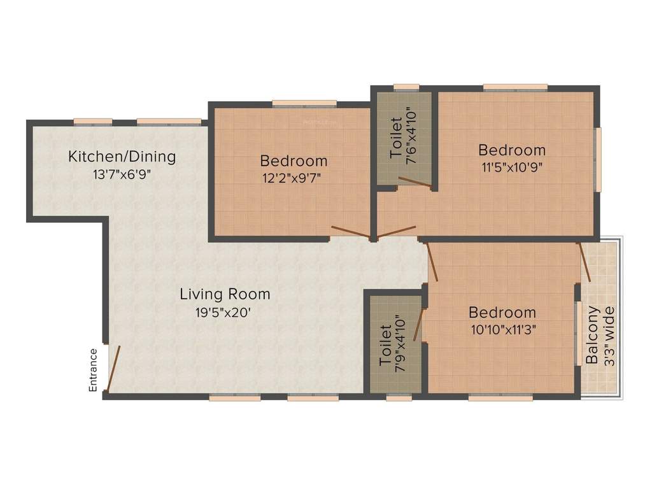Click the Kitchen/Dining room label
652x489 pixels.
pos(122,156)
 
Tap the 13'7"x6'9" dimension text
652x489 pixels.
pos(122,173)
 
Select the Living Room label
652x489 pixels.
pos(224,294)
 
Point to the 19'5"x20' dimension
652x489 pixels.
pos(224,312)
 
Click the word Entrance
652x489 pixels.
pos(93,369)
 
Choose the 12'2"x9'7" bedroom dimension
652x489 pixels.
pos(294,178)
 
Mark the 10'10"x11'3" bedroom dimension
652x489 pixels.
pos(502,330)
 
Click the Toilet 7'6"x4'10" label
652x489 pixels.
pos(402,137)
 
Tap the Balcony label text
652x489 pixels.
pos(593,336)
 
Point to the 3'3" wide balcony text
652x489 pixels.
pos(609,336)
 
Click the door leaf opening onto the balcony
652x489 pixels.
pos(584,262)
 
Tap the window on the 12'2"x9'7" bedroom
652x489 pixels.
pos(304,103)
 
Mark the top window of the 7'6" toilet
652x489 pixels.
pos(406,87)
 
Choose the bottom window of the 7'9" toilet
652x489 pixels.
pos(399,398)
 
